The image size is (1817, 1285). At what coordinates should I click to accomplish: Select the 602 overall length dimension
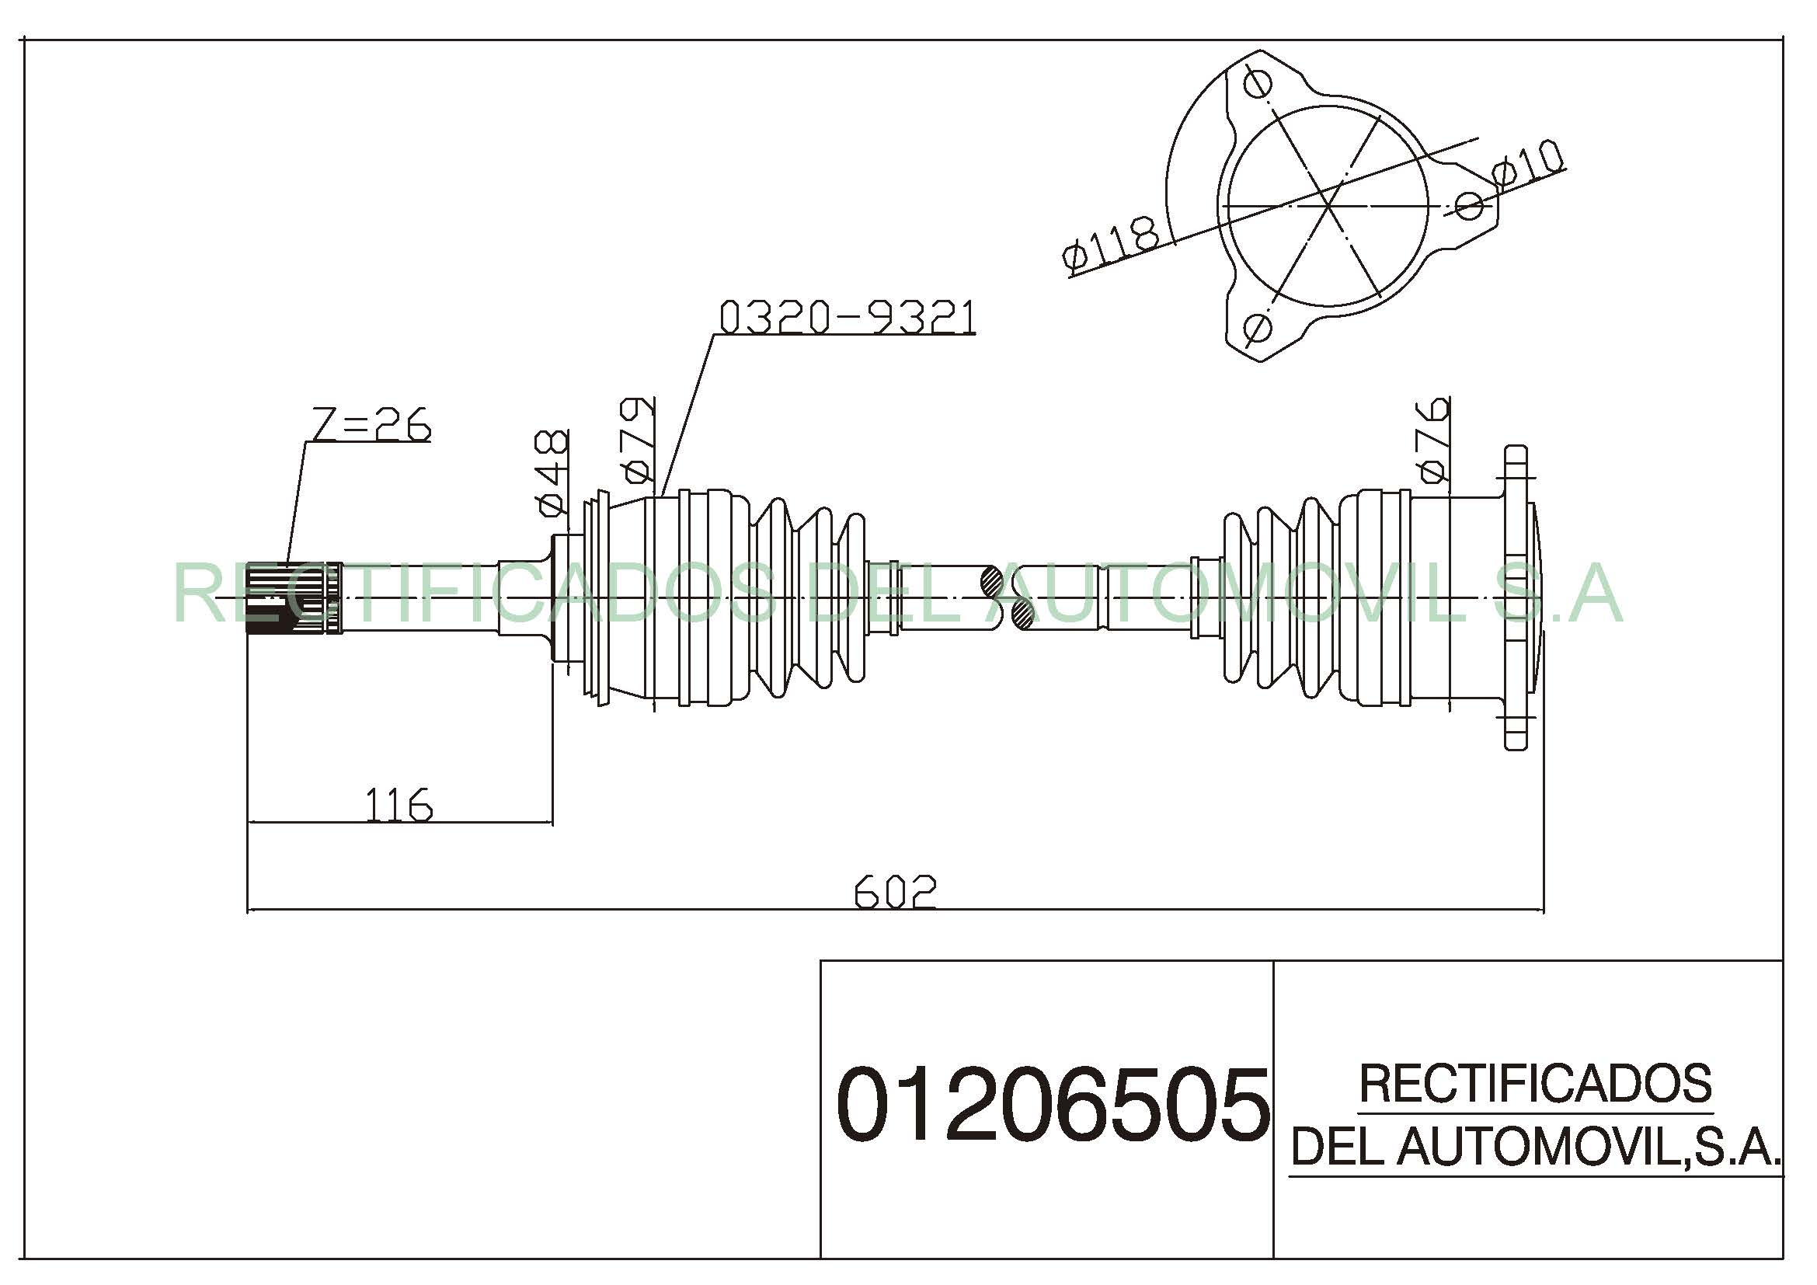(x=894, y=892)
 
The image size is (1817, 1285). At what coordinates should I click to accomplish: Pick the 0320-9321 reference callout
(x=847, y=317)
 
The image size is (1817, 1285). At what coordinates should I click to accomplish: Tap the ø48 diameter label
(x=552, y=472)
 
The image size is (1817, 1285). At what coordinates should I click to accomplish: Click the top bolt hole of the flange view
(x=1258, y=83)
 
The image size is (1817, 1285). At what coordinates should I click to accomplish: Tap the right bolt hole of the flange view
(x=1470, y=206)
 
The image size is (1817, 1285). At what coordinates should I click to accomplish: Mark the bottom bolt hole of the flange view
(x=1257, y=328)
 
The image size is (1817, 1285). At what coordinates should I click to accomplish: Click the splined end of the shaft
(x=293, y=598)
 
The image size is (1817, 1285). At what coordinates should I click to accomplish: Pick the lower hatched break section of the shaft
(x=1023, y=614)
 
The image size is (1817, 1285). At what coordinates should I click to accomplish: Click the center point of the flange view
(x=1328, y=206)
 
